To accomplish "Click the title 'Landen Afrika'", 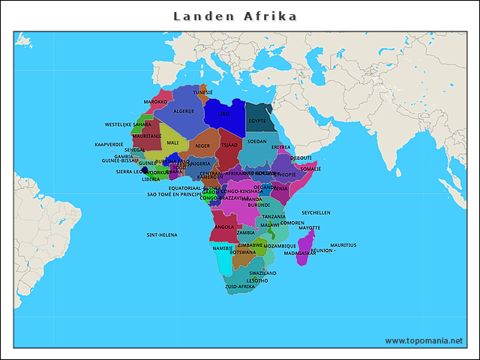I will pos(235,16).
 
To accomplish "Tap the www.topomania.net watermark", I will pos(424,340).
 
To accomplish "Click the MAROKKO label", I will pos(155,101).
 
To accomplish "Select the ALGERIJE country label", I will pos(184,111).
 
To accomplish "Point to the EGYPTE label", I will pos(257,121).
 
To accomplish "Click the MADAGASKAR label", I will pos(300,253).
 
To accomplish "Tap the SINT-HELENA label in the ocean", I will pos(162,235).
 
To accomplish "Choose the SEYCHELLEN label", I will pos(316,212).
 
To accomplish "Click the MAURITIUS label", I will pos(343,245).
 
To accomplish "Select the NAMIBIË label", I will pos(223,247).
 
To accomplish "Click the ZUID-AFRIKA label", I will pos(240,286).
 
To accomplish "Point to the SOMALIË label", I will pos(310,169).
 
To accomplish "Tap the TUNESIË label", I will pos(202,92).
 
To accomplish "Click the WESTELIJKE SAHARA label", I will pos(127,124).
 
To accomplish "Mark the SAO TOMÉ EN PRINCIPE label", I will pos(174,194).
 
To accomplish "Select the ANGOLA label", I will pos(224,226).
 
